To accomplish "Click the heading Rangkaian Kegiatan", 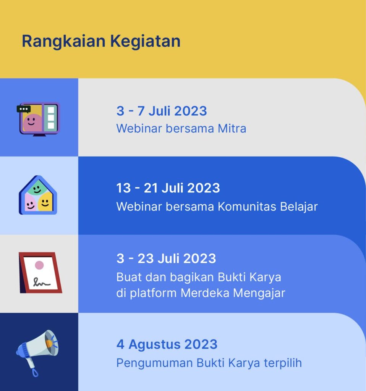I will pyautogui.click(x=101, y=41).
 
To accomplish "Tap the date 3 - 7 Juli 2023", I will pyautogui.click(x=162, y=111).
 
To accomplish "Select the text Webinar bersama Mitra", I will pyautogui.click(x=181, y=129).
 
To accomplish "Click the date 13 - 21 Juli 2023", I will pyautogui.click(x=168, y=188).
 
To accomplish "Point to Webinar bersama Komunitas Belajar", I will pyautogui.click(x=217, y=207).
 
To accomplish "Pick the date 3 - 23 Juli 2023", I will pyautogui.click(x=166, y=259).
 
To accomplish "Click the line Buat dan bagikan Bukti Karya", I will pyautogui.click(x=199, y=277).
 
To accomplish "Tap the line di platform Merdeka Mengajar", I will pyautogui.click(x=201, y=294).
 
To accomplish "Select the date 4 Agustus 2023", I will pyautogui.click(x=167, y=344).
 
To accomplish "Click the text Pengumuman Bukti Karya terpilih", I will pyautogui.click(x=209, y=363).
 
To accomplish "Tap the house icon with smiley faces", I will pyautogui.click(x=38, y=195).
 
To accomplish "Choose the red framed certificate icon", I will pyautogui.click(x=40, y=273).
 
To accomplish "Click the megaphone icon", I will pyautogui.click(x=37, y=350).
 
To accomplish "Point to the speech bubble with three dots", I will pyautogui.click(x=24, y=109).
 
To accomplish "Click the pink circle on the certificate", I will pyautogui.click(x=39, y=265).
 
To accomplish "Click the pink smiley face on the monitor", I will pyautogui.click(x=31, y=123).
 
